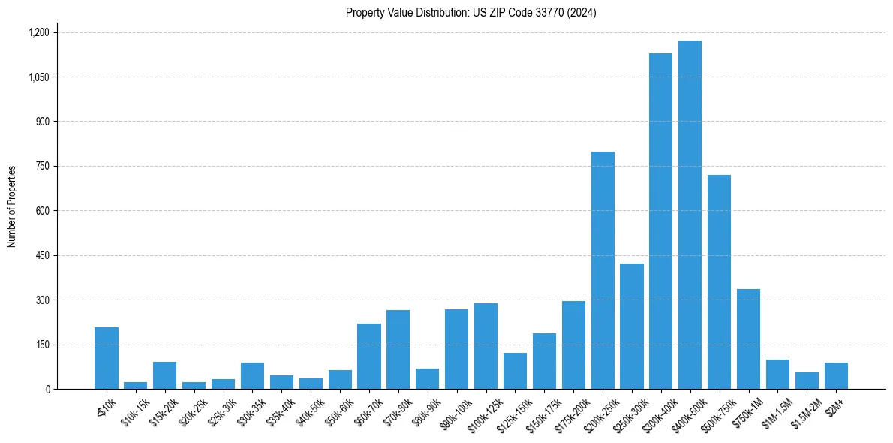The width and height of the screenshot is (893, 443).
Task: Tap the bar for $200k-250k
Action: point(603,270)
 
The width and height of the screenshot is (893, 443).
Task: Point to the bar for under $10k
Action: point(107,358)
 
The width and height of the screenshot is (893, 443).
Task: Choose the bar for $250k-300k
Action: point(632,327)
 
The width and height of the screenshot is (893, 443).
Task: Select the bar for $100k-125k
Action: point(486,346)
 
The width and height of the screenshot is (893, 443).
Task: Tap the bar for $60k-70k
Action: point(369,357)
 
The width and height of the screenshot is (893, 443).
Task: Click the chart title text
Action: point(471,13)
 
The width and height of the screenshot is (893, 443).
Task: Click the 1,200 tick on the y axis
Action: point(38,32)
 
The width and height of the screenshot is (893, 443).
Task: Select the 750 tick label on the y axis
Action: point(42,166)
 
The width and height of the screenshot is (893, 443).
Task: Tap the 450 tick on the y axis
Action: point(42,255)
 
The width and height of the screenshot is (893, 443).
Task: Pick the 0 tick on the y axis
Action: point(47,389)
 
